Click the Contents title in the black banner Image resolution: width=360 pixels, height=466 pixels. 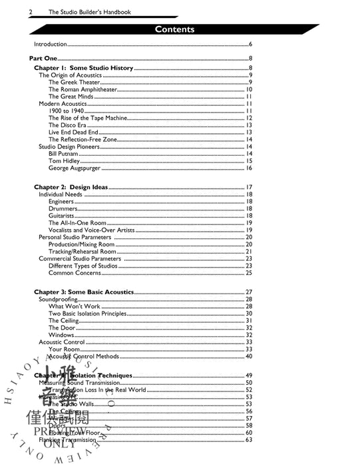(174, 29)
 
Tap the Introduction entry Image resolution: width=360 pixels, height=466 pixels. (51, 45)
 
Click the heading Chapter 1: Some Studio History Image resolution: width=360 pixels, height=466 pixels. (84, 68)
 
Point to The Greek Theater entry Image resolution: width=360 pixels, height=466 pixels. (75, 82)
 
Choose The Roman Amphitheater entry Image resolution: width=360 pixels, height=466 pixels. (83, 89)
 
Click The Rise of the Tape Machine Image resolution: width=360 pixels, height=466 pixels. (85, 118)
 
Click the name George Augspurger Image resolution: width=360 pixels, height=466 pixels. (75, 168)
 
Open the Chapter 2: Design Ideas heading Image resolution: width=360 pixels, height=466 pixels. (71, 187)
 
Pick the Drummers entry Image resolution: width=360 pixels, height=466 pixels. (63, 208)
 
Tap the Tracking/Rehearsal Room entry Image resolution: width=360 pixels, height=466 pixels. (83, 252)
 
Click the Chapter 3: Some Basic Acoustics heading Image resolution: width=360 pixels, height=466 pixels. (84, 292)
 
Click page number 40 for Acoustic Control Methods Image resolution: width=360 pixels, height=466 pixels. (249, 357)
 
